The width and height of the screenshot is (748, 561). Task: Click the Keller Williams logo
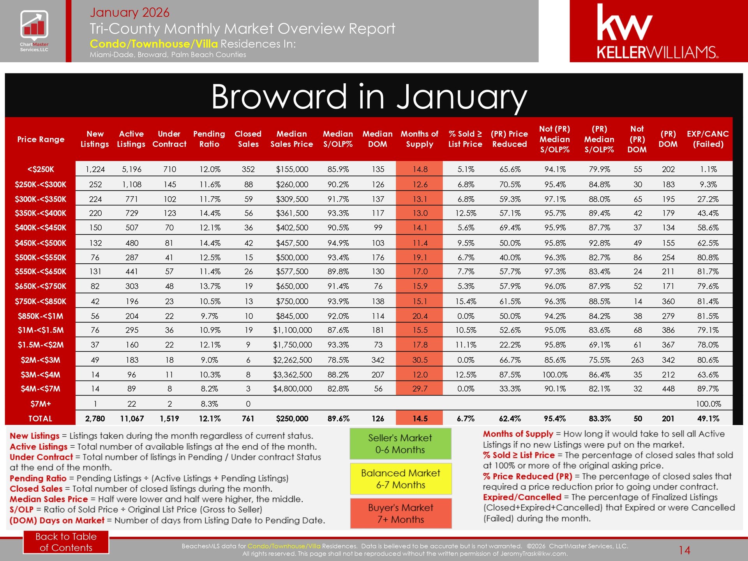658,31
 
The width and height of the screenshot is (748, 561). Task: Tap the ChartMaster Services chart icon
34,25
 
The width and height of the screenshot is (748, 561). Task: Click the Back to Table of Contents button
66,542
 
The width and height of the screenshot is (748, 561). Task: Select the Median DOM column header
378,139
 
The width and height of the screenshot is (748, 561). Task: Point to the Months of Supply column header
419,139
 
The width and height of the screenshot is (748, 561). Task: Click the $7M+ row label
41,404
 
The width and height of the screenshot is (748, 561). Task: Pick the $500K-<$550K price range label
41,258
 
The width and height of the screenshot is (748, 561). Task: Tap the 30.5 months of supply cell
420,360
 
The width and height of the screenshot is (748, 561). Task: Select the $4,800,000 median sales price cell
292,389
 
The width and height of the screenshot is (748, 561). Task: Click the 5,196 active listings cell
132,169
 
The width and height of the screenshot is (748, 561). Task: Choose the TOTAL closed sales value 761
248,418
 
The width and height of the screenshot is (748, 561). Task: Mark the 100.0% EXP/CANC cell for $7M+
708,404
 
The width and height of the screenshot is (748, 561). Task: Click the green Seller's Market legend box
400,444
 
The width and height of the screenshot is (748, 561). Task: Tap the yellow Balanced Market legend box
400,479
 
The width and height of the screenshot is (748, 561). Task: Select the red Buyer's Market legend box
400,513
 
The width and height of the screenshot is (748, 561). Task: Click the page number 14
684,550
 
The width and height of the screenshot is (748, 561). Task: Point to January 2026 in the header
129,12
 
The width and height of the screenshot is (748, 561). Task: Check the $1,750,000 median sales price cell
292,345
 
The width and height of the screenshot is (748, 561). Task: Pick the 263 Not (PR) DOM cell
637,360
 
